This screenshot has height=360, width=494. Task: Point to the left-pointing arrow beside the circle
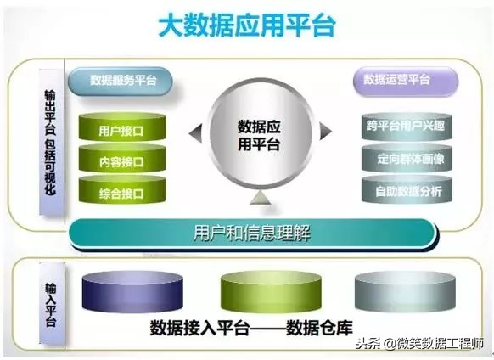coord(195,132)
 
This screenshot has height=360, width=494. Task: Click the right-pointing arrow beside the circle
coord(325,132)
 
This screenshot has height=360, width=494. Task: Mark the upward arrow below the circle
coord(261,199)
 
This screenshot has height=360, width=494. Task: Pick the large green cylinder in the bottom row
coord(258,292)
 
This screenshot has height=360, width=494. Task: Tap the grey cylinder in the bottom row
coord(392,292)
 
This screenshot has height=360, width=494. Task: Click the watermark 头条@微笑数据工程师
coord(420,344)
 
